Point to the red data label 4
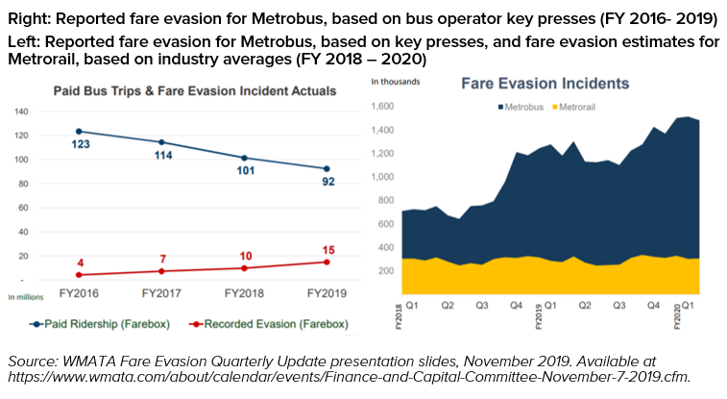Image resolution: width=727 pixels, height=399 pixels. click(80, 262)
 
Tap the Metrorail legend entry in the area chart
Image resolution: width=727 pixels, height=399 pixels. click(586, 104)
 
